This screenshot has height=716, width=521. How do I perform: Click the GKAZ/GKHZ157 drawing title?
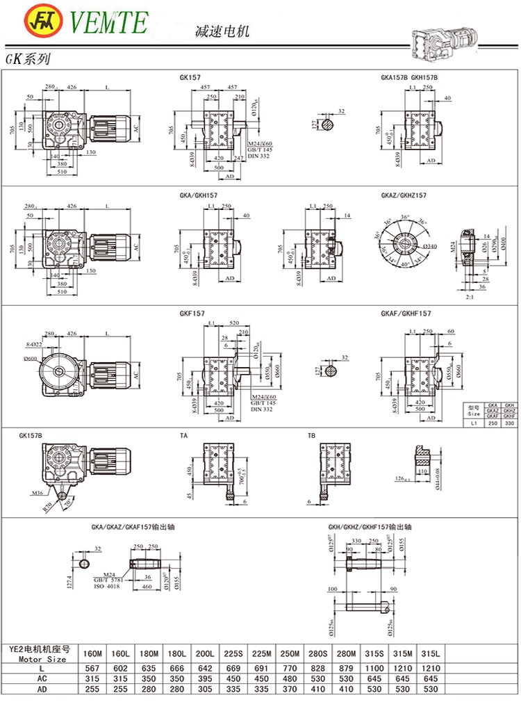click(403, 195)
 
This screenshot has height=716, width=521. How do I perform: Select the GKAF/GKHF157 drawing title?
click(406, 314)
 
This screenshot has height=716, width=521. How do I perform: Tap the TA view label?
click(183, 436)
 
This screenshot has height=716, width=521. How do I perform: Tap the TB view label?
click(311, 436)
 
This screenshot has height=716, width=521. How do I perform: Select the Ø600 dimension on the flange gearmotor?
click(31, 358)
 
